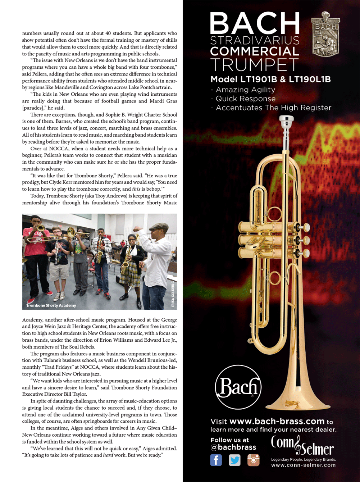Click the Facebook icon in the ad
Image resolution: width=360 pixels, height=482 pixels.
pyautogui.click(x=216, y=460)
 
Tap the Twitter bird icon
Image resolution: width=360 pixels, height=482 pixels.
pyautogui.click(x=234, y=460)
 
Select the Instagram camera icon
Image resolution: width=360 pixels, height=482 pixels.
pyautogui.click(x=253, y=460)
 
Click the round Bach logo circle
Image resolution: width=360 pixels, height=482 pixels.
pyautogui.click(x=238, y=387)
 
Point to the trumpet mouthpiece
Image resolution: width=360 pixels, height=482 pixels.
pyautogui.click(x=286, y=122)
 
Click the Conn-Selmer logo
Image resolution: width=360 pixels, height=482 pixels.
pyautogui.click(x=302, y=446)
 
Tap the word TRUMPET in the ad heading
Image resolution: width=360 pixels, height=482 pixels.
pyautogui.click(x=255, y=65)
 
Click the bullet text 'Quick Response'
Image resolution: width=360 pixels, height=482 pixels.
pyautogui.click(x=245, y=99)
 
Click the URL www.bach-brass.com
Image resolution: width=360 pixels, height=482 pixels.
pyautogui.click(x=277, y=421)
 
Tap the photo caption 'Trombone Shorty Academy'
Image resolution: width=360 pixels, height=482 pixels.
pyautogui.click(x=51, y=305)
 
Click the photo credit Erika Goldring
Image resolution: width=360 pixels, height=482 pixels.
pyautogui.click(x=173, y=294)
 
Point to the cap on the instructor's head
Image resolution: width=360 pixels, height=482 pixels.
pyautogui.click(x=159, y=226)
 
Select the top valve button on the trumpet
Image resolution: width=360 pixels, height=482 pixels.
pyautogui.click(x=307, y=227)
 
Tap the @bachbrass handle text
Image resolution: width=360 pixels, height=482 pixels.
pyautogui.click(x=233, y=447)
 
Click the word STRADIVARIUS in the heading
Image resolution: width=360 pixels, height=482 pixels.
pyautogui.click(x=255, y=40)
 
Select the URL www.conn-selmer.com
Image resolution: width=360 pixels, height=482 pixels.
pyautogui.click(x=303, y=465)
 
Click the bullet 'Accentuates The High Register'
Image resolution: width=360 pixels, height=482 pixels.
pyautogui.click(x=273, y=108)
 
